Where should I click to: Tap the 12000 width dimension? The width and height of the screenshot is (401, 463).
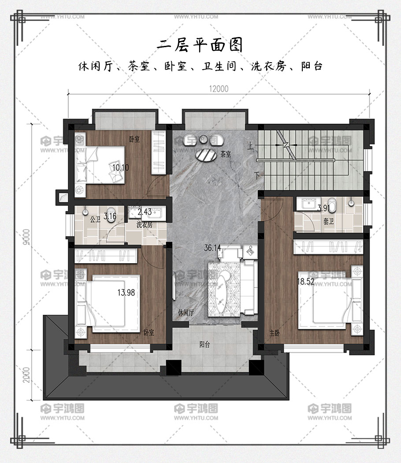(x=219, y=89)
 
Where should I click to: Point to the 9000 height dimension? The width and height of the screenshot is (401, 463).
(x=26, y=237)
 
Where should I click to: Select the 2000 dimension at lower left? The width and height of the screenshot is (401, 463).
(x=26, y=375)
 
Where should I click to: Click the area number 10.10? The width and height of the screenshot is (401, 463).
(x=120, y=168)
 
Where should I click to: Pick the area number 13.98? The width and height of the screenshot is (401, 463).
(x=126, y=293)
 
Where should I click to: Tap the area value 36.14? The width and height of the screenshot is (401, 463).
(x=212, y=248)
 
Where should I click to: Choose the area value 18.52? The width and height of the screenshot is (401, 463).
(x=305, y=281)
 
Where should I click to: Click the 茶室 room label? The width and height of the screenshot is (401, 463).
(x=226, y=154)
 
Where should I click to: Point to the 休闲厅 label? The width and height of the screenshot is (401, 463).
(x=186, y=313)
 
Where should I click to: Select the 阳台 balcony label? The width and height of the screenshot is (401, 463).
(x=204, y=344)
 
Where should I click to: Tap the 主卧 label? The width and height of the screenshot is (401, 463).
(x=275, y=333)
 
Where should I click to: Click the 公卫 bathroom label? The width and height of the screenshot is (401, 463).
(x=95, y=220)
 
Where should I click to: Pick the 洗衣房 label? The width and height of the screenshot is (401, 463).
(x=144, y=225)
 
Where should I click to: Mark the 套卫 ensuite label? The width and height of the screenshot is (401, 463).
(x=328, y=221)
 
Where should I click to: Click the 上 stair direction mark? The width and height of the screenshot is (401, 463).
(x=250, y=146)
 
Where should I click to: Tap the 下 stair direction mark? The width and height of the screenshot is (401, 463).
(x=258, y=175)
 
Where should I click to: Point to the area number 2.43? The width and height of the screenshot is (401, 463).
(x=145, y=212)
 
